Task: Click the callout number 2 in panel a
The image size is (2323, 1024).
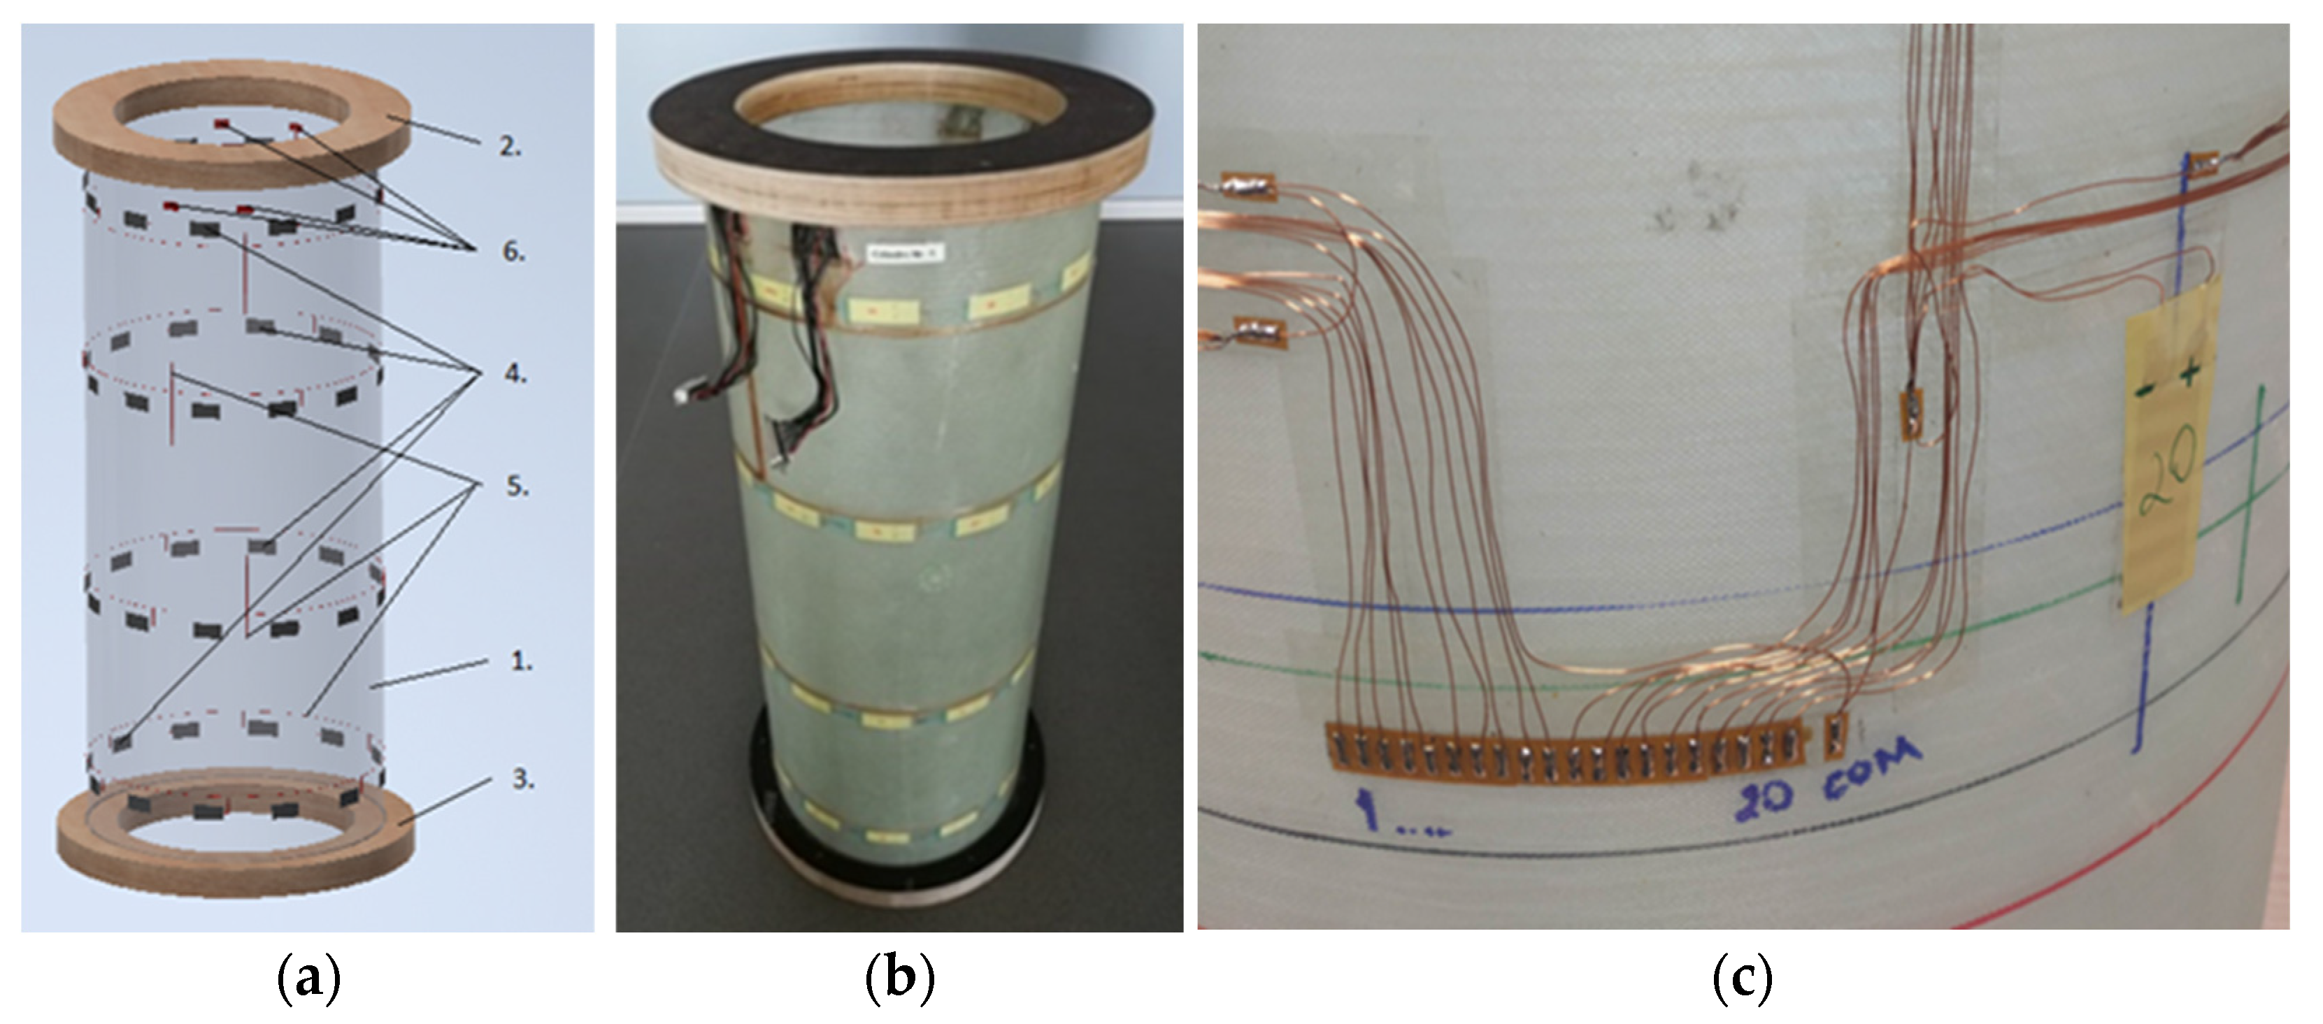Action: pos(510,147)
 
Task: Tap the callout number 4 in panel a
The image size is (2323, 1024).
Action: pos(515,373)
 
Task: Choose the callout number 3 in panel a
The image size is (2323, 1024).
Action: pos(523,779)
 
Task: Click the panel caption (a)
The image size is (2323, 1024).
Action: pos(308,979)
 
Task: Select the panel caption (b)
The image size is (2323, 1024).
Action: pos(899,979)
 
